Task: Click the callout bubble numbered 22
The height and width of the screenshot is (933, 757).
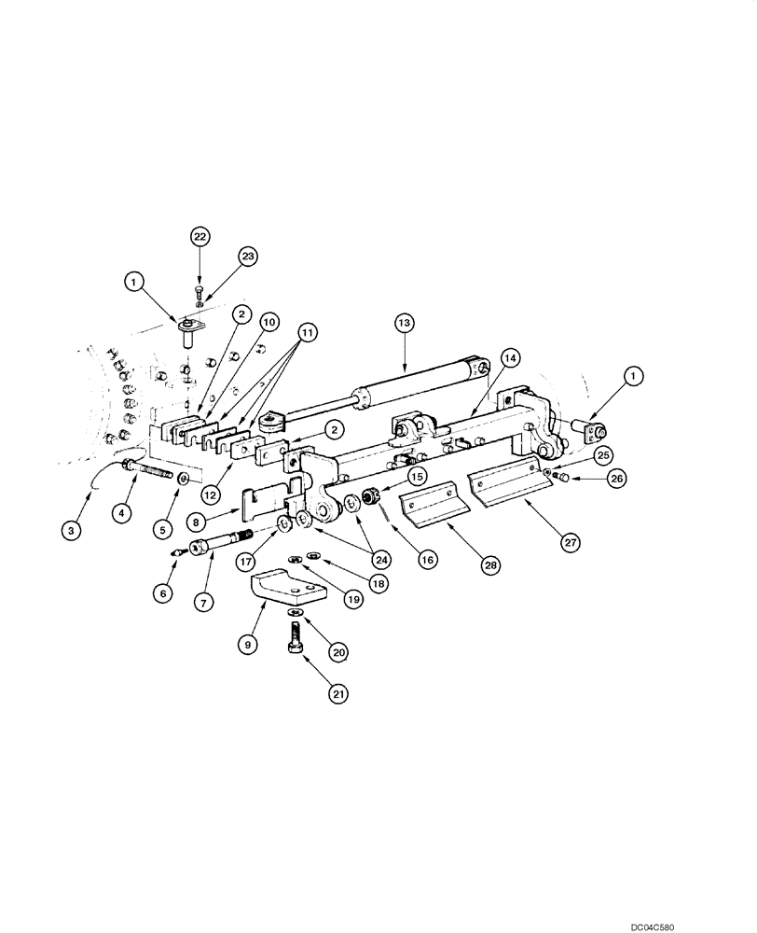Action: (x=200, y=237)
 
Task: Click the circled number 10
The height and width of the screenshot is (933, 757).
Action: (x=268, y=323)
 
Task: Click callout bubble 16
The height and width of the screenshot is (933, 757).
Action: (x=427, y=559)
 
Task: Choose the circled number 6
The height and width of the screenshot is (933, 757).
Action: (x=164, y=593)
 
